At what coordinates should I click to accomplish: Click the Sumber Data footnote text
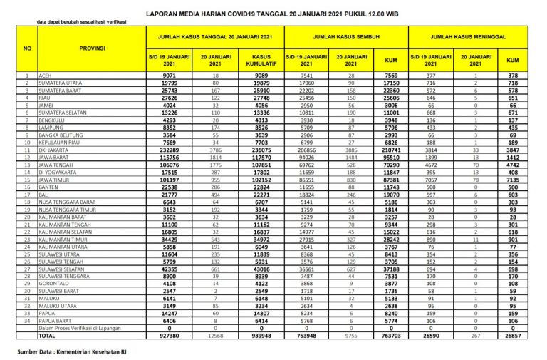pyautogui.click(x=73, y=351)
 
